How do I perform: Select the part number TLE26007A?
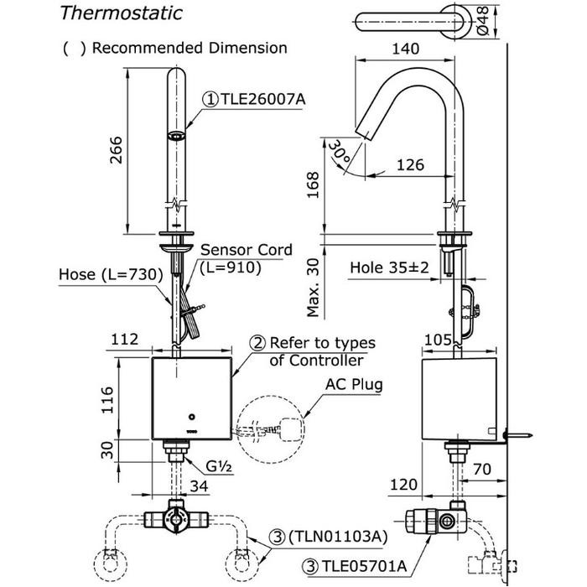(260, 98)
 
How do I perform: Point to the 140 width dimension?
(406, 49)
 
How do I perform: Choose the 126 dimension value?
(409, 166)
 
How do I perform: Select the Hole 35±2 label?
(390, 268)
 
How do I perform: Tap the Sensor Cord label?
(246, 250)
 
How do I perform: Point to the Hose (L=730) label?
(101, 274)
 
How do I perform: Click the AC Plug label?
(355, 385)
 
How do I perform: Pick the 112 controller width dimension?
(123, 339)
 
